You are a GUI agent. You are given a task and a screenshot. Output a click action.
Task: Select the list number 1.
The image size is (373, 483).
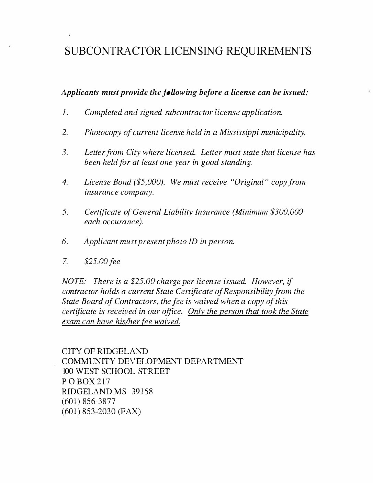tap(65, 113)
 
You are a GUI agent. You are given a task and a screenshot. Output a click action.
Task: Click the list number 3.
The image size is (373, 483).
tap(65, 152)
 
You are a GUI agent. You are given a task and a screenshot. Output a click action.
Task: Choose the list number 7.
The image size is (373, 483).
tap(65, 261)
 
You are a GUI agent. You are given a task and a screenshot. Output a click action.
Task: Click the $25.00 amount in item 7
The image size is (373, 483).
tap(94, 261)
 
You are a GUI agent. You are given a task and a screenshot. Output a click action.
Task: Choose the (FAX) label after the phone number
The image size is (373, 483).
tap(129, 411)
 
